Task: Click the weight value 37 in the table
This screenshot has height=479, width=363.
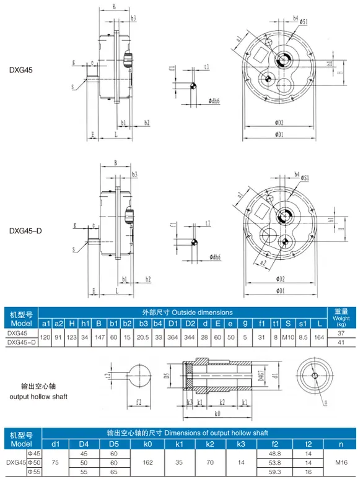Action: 341,333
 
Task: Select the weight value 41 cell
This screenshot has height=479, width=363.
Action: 341,342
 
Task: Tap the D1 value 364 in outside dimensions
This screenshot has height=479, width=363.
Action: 173,337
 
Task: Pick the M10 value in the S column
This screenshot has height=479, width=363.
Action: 288,337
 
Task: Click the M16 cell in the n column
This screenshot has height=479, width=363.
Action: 341,462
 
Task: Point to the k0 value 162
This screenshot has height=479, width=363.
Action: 148,462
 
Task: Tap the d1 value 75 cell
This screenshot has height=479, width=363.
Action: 55,462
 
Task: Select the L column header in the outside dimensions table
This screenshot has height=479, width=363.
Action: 318,323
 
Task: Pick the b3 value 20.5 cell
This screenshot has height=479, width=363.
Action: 143,337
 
